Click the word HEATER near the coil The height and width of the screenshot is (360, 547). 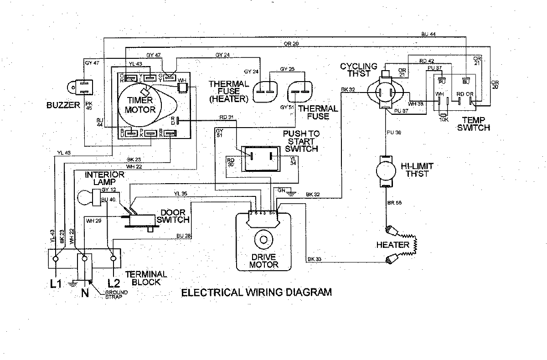(392, 245)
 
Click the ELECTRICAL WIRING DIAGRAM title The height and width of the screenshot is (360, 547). (257, 292)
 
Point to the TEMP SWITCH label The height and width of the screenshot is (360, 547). (476, 124)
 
